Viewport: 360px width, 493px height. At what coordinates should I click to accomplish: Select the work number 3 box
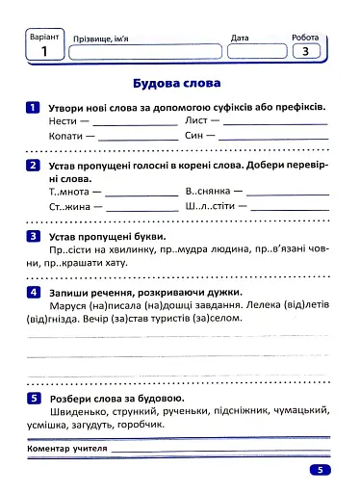306,52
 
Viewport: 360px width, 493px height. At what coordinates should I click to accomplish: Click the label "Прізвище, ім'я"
101,39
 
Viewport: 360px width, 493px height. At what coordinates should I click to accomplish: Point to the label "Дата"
241,39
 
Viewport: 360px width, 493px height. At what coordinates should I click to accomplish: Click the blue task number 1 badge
33,107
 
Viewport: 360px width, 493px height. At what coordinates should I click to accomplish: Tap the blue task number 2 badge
33,167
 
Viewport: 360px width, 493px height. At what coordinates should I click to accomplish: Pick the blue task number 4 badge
33,292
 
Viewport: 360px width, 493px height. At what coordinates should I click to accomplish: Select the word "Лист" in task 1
196,122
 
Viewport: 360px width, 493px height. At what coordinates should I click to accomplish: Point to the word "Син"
194,138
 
